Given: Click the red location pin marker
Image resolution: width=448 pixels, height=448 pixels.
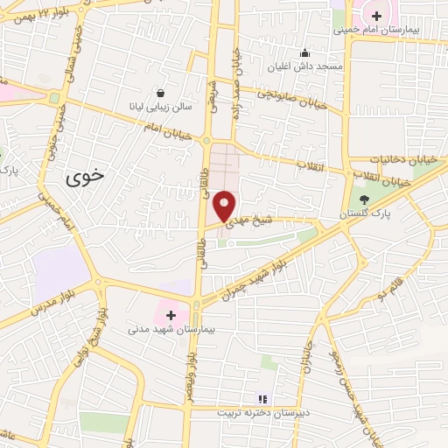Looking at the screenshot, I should [225, 204].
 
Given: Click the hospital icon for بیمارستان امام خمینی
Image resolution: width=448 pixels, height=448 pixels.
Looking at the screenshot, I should [376, 16].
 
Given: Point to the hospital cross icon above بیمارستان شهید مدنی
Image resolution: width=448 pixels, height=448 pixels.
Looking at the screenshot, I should [170, 314].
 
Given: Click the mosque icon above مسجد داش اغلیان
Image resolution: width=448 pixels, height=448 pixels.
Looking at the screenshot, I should [304, 52].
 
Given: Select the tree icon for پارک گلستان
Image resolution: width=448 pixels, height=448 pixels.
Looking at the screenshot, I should [364, 199].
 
